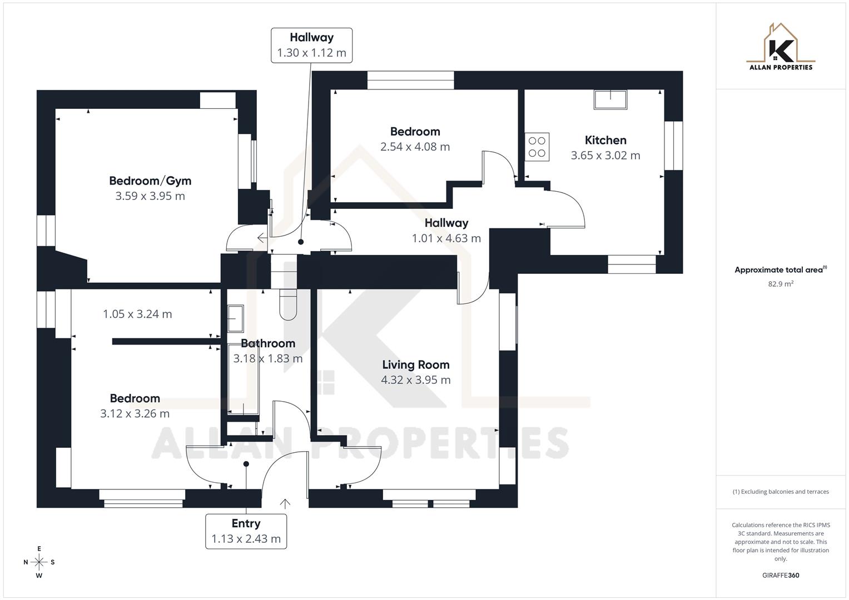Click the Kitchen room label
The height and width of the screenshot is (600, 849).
pos(605,140)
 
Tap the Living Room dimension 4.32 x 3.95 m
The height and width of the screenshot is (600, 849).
pos(415,380)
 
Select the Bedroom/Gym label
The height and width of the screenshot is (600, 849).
pos(150,181)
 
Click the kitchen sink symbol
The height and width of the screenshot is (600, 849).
pos(610,99)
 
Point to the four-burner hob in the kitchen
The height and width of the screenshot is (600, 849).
pos(537,147)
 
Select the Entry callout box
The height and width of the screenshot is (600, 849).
pos(246,531)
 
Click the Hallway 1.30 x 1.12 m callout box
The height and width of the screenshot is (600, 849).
pos(311,45)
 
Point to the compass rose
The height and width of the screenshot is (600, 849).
pos(39,562)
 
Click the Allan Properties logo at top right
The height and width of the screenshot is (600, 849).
pos(781,48)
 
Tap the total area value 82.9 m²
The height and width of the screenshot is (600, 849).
pos(781,284)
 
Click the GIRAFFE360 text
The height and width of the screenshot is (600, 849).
pos(781,575)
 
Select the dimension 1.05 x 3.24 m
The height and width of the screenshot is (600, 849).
pos(137,314)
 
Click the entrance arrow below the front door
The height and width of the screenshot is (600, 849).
pos(285,504)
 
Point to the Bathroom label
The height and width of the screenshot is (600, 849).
pos(267,343)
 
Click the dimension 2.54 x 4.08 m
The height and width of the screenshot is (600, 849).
pos(415,147)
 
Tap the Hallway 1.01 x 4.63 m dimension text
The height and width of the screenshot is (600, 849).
pos(446,238)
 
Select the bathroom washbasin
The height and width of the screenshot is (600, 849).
pos(236,319)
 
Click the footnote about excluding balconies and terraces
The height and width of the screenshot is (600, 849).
pos(781,492)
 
